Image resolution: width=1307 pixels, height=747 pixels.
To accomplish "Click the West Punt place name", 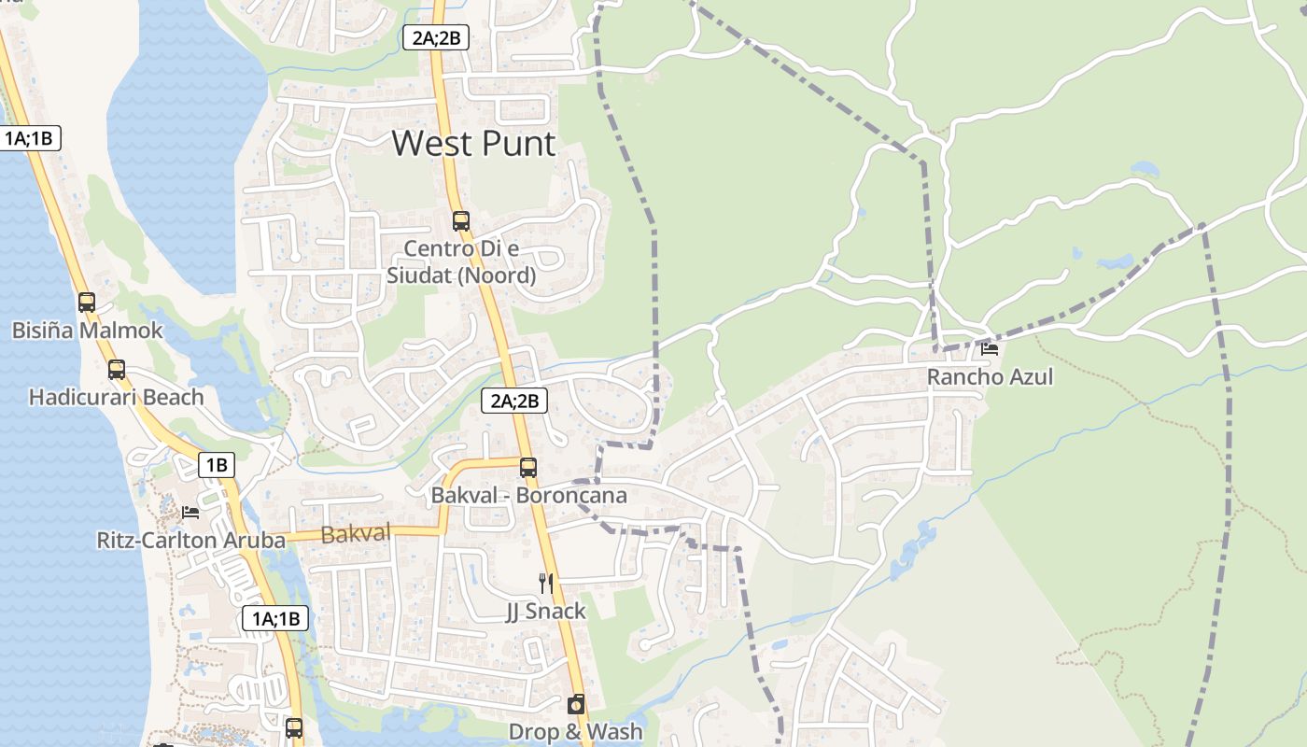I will tap(473, 144).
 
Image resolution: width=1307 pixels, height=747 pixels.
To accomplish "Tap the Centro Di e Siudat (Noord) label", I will tap(461, 262).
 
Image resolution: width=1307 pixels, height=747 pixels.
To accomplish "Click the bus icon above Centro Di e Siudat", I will tap(461, 221).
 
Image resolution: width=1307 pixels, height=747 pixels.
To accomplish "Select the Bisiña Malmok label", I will tap(87, 331).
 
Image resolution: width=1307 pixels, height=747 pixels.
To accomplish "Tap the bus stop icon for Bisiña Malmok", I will tap(87, 303).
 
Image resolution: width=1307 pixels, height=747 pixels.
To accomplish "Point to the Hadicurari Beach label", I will tap(116, 398).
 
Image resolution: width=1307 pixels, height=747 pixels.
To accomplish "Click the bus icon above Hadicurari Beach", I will tap(117, 370).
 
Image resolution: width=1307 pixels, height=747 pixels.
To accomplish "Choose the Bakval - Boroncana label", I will tap(528, 496).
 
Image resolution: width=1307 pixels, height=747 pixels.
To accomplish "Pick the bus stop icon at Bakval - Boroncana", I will tap(528, 468).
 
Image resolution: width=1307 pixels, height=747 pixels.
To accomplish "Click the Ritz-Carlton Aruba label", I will tap(190, 541).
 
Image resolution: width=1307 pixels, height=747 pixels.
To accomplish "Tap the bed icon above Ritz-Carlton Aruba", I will tap(190, 513).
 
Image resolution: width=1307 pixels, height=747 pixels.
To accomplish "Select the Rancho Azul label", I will tap(990, 377).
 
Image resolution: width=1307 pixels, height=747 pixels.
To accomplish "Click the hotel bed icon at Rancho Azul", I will tap(990, 349).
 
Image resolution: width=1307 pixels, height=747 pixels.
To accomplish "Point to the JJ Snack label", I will tap(546, 612).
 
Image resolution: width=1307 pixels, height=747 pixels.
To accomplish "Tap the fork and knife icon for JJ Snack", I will tap(546, 584).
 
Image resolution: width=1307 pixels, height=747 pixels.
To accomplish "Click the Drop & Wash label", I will tap(576, 732).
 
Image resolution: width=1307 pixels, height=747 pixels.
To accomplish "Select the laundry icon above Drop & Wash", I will tap(576, 704).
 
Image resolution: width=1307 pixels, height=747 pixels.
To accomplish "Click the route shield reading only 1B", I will tap(217, 465).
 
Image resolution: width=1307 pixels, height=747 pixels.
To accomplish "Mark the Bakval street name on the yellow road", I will tap(355, 535).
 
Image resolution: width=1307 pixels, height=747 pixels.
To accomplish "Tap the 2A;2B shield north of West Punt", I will tap(435, 37).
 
